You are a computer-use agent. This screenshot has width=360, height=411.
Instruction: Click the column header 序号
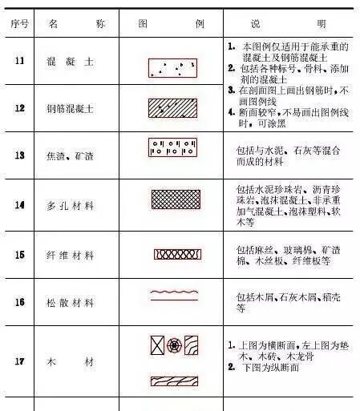[x=19, y=23]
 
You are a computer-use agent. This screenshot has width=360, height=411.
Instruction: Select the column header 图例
[x=173, y=23]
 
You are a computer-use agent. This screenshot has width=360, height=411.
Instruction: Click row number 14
[x=19, y=205]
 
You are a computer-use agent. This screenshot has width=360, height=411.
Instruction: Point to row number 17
[x=19, y=361]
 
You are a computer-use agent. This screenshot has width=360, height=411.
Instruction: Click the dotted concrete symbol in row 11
[x=173, y=67]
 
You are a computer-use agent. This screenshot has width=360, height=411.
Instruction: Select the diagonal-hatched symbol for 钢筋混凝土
[x=173, y=107]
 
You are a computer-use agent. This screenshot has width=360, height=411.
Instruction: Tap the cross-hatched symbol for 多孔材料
[x=176, y=199]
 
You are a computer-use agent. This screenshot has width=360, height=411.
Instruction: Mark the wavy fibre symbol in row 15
[x=177, y=254]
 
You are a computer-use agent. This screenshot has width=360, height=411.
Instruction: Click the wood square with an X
[x=157, y=345]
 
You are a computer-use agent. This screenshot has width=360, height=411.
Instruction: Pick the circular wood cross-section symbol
[x=175, y=345]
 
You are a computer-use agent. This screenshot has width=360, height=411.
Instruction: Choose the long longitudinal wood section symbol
[x=173, y=381]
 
